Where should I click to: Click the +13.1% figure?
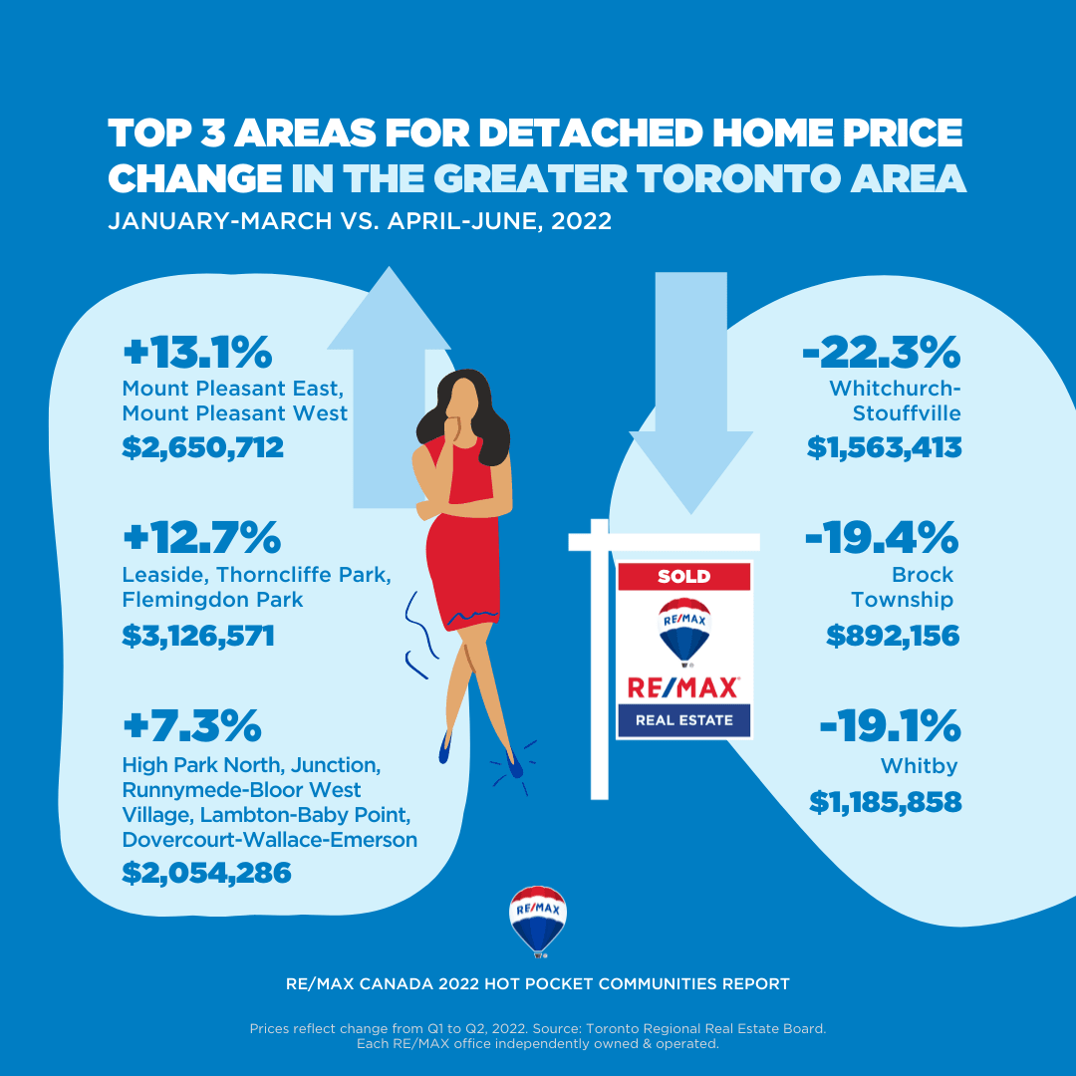197,354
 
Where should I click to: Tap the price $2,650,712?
203,447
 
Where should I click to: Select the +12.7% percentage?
201,539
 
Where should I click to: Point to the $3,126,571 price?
198,635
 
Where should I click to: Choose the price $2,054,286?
206,873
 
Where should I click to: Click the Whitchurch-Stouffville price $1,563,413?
885,447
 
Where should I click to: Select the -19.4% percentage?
882,539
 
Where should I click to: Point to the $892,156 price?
893,635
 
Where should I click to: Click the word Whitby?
919,766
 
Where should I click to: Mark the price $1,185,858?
886,800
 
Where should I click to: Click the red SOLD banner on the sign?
683,576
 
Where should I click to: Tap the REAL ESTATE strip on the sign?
683,719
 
